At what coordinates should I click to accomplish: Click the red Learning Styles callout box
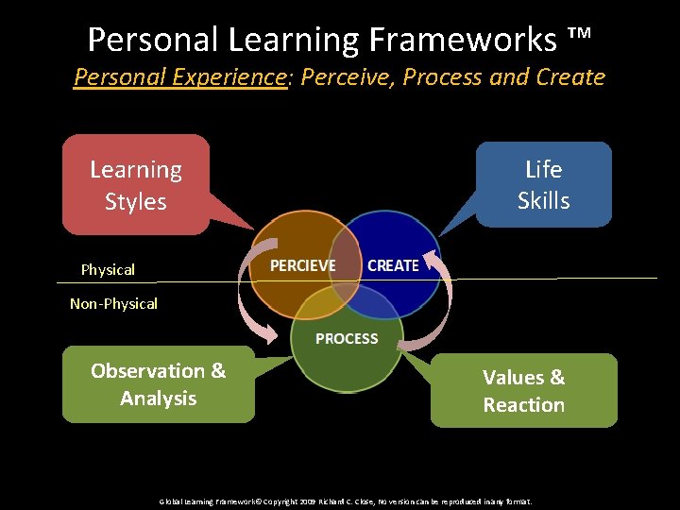point(136,185)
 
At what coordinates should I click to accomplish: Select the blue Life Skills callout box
point(543,184)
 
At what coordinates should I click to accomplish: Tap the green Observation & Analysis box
point(158,384)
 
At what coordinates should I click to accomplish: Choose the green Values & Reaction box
point(523,391)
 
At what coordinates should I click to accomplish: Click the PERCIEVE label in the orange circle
point(302,265)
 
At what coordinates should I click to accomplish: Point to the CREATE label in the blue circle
point(393,265)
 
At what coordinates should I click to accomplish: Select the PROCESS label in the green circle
point(347,338)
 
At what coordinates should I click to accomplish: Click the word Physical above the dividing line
point(108,270)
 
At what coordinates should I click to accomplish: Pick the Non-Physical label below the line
point(113,304)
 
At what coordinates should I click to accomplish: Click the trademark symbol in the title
point(579,38)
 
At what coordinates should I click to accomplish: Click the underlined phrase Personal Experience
point(180,76)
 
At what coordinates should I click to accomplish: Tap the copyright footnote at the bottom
point(345,501)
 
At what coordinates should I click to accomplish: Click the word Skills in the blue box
point(543,200)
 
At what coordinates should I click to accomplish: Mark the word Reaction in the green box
point(523,405)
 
